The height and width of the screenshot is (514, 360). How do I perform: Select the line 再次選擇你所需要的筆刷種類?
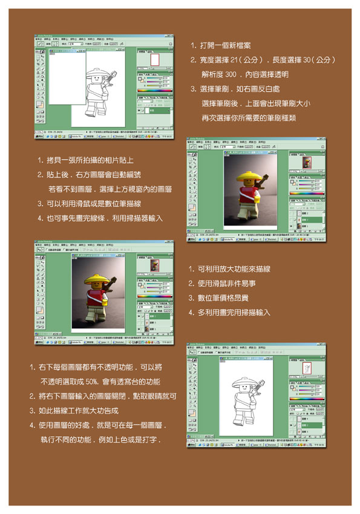pyautogui.click(x=248, y=118)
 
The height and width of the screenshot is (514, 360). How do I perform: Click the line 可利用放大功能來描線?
pyautogui.click(x=233, y=269)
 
